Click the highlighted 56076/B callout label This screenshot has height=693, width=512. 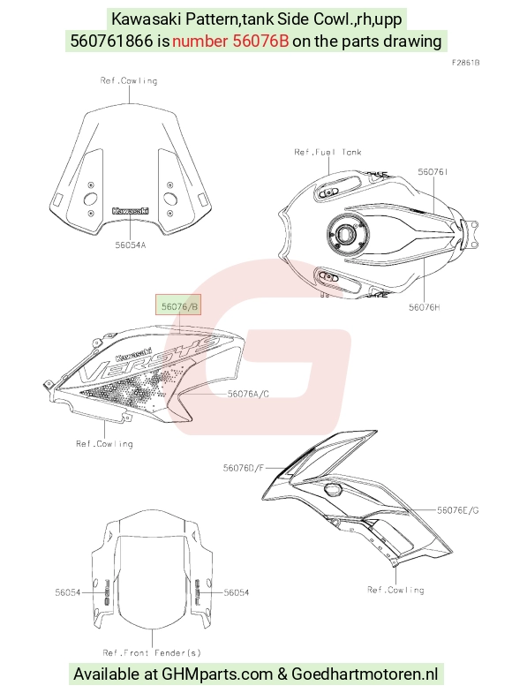pos(178,305)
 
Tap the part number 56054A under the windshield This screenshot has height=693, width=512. pos(131,245)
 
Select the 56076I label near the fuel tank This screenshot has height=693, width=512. pos(433,172)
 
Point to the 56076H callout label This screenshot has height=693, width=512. pos(424,307)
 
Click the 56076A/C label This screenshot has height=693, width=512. pos(248,394)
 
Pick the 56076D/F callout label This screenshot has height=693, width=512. pos(243,468)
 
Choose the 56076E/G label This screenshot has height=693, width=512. pos(457,510)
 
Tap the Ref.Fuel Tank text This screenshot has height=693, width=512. pos(328,152)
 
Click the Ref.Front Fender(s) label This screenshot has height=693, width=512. pos(152,652)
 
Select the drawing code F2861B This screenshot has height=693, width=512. pos(465,63)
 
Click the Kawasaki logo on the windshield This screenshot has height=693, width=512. pos(131,211)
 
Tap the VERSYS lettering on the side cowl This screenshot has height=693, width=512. pos(149,359)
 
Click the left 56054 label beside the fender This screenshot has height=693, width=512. pos(68,592)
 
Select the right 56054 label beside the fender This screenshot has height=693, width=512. pos(237,592)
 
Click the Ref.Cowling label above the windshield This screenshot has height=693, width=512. pos(129,80)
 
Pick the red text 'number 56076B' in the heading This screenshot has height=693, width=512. pos(230,41)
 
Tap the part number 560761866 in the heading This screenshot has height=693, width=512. pos(112,41)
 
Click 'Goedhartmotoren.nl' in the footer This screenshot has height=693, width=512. pos(365,674)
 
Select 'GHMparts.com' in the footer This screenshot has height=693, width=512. pos(217,674)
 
